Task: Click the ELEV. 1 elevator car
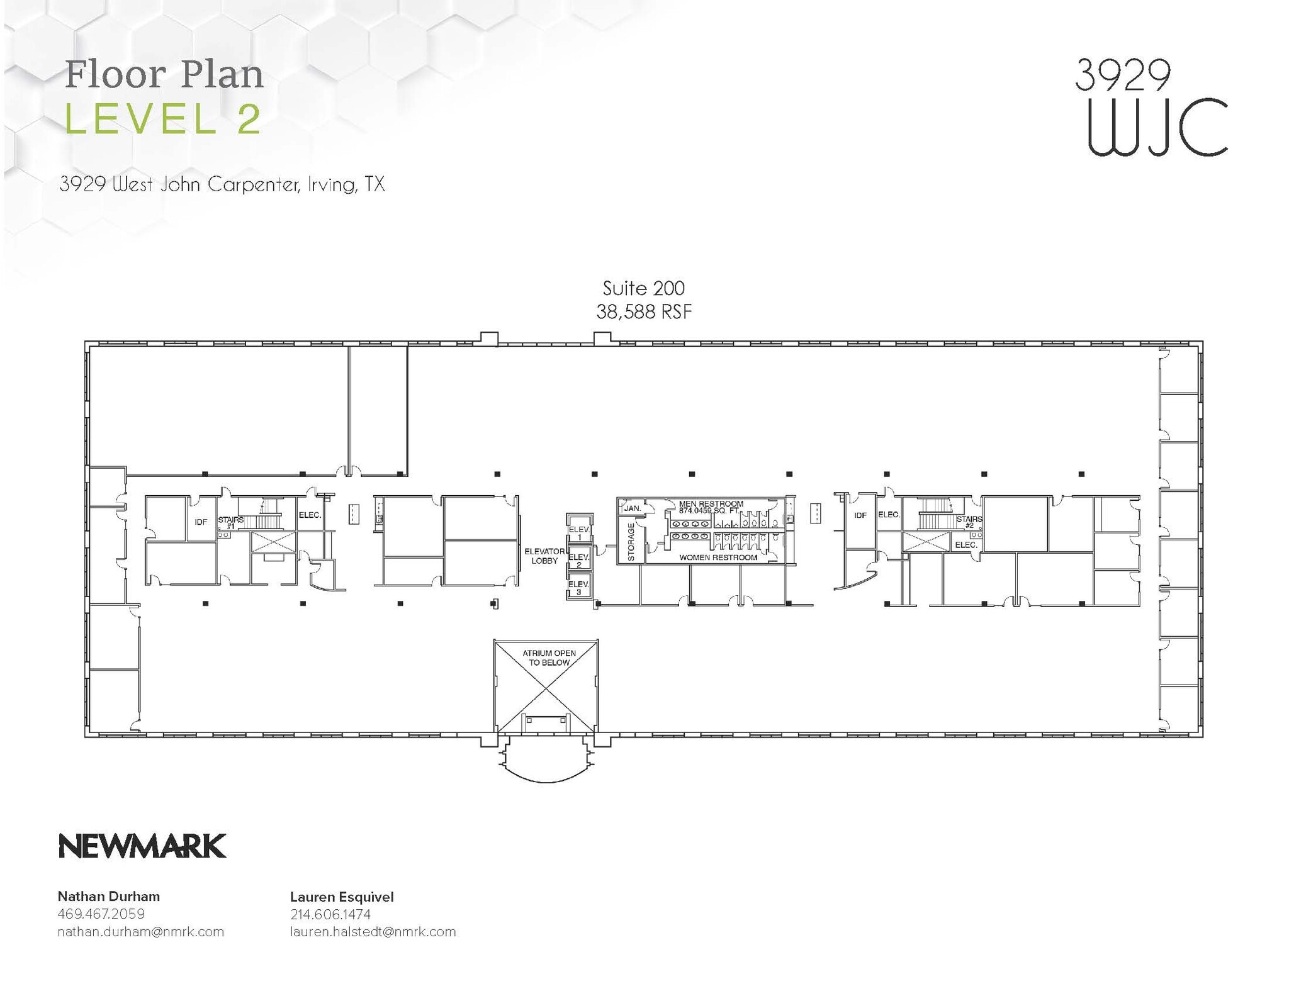[578, 532]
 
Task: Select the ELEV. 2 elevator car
[578, 560]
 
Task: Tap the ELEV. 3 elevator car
[578, 588]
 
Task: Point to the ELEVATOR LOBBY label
[544, 556]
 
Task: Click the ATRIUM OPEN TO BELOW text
[549, 657]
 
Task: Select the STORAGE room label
[631, 542]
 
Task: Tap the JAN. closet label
[632, 508]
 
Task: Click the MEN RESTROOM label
[711, 504]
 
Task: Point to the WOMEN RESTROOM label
[718, 557]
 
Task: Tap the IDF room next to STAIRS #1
[201, 522]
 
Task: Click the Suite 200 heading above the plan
[643, 288]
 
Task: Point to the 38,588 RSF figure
[643, 311]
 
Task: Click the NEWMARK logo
[142, 846]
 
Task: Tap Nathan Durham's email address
[140, 932]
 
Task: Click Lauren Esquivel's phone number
[330, 914]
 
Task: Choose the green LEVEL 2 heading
[162, 119]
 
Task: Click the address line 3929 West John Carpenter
[222, 184]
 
